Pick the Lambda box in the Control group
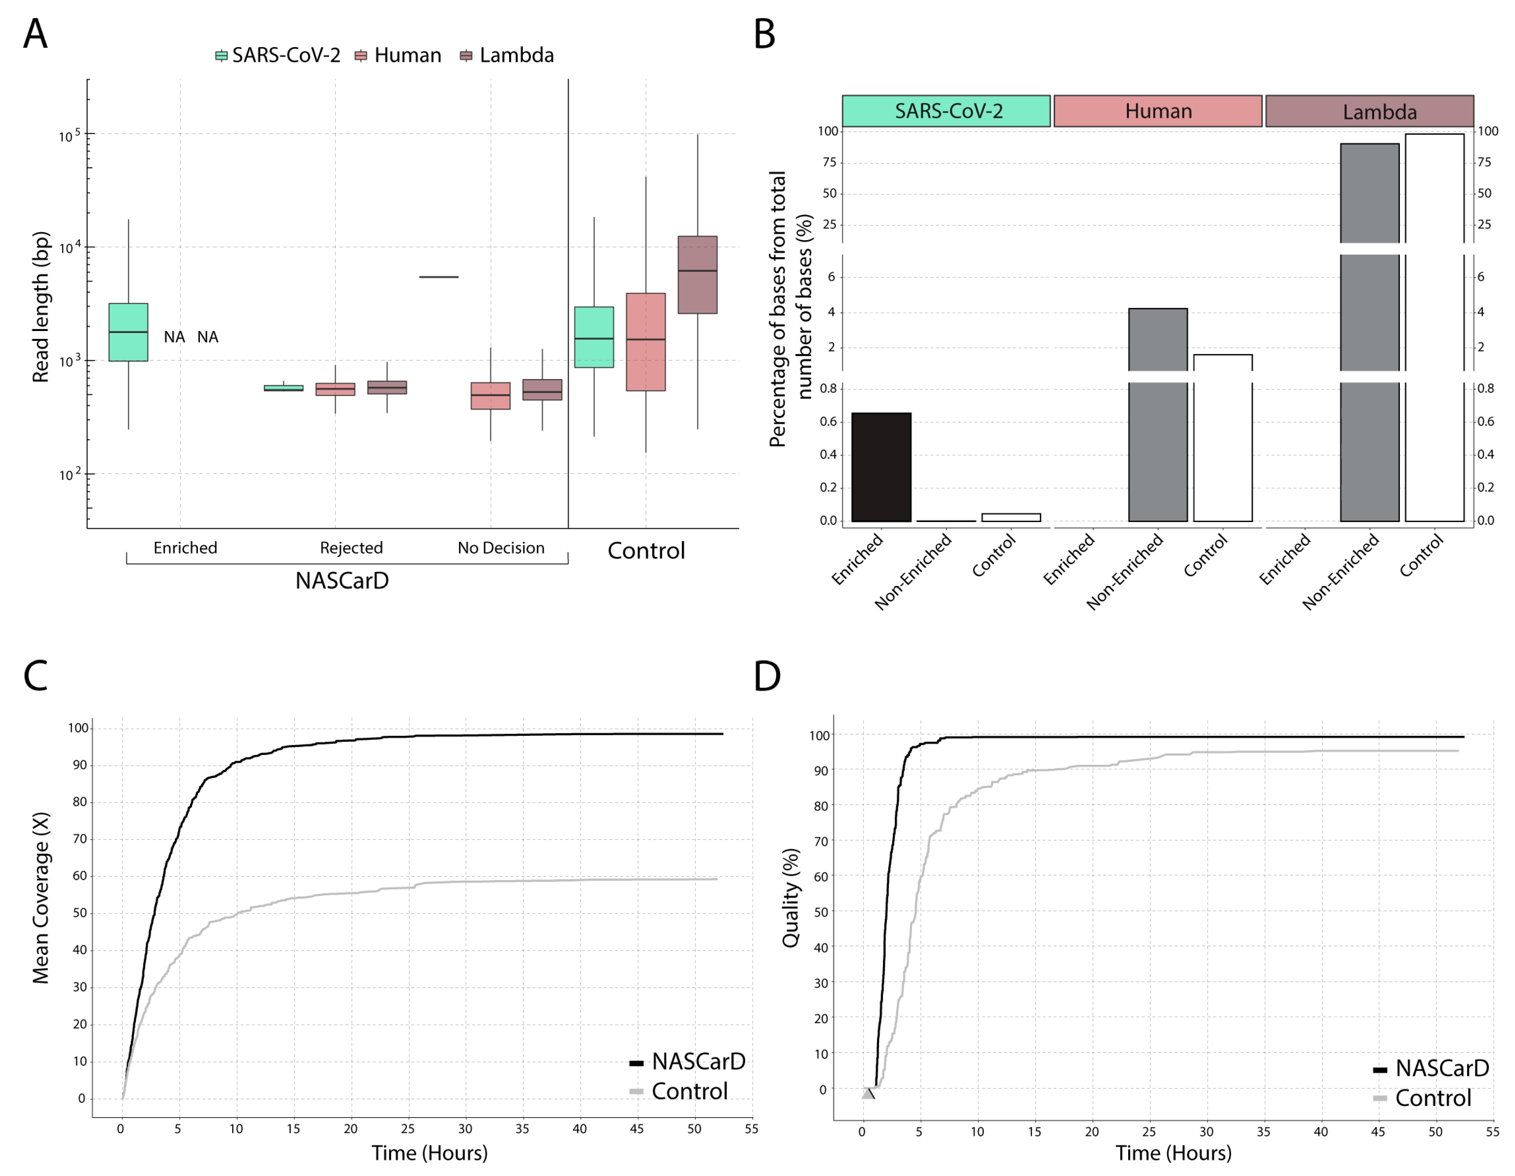[x=697, y=275]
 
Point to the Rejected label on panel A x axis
[x=351, y=548]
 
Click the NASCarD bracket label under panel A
[x=342, y=581]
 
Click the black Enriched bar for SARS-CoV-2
[x=881, y=467]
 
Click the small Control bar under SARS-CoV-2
[x=1011, y=517]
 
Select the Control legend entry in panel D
[x=1422, y=1098]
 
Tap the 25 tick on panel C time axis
[x=408, y=1129]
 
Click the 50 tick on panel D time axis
[x=1435, y=1132]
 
